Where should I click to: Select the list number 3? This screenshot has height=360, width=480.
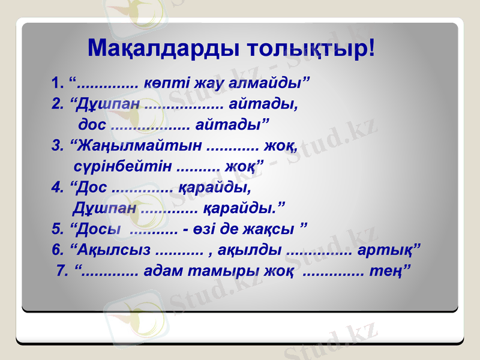pos(57,145)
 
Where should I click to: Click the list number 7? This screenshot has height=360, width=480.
pos(61,271)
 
